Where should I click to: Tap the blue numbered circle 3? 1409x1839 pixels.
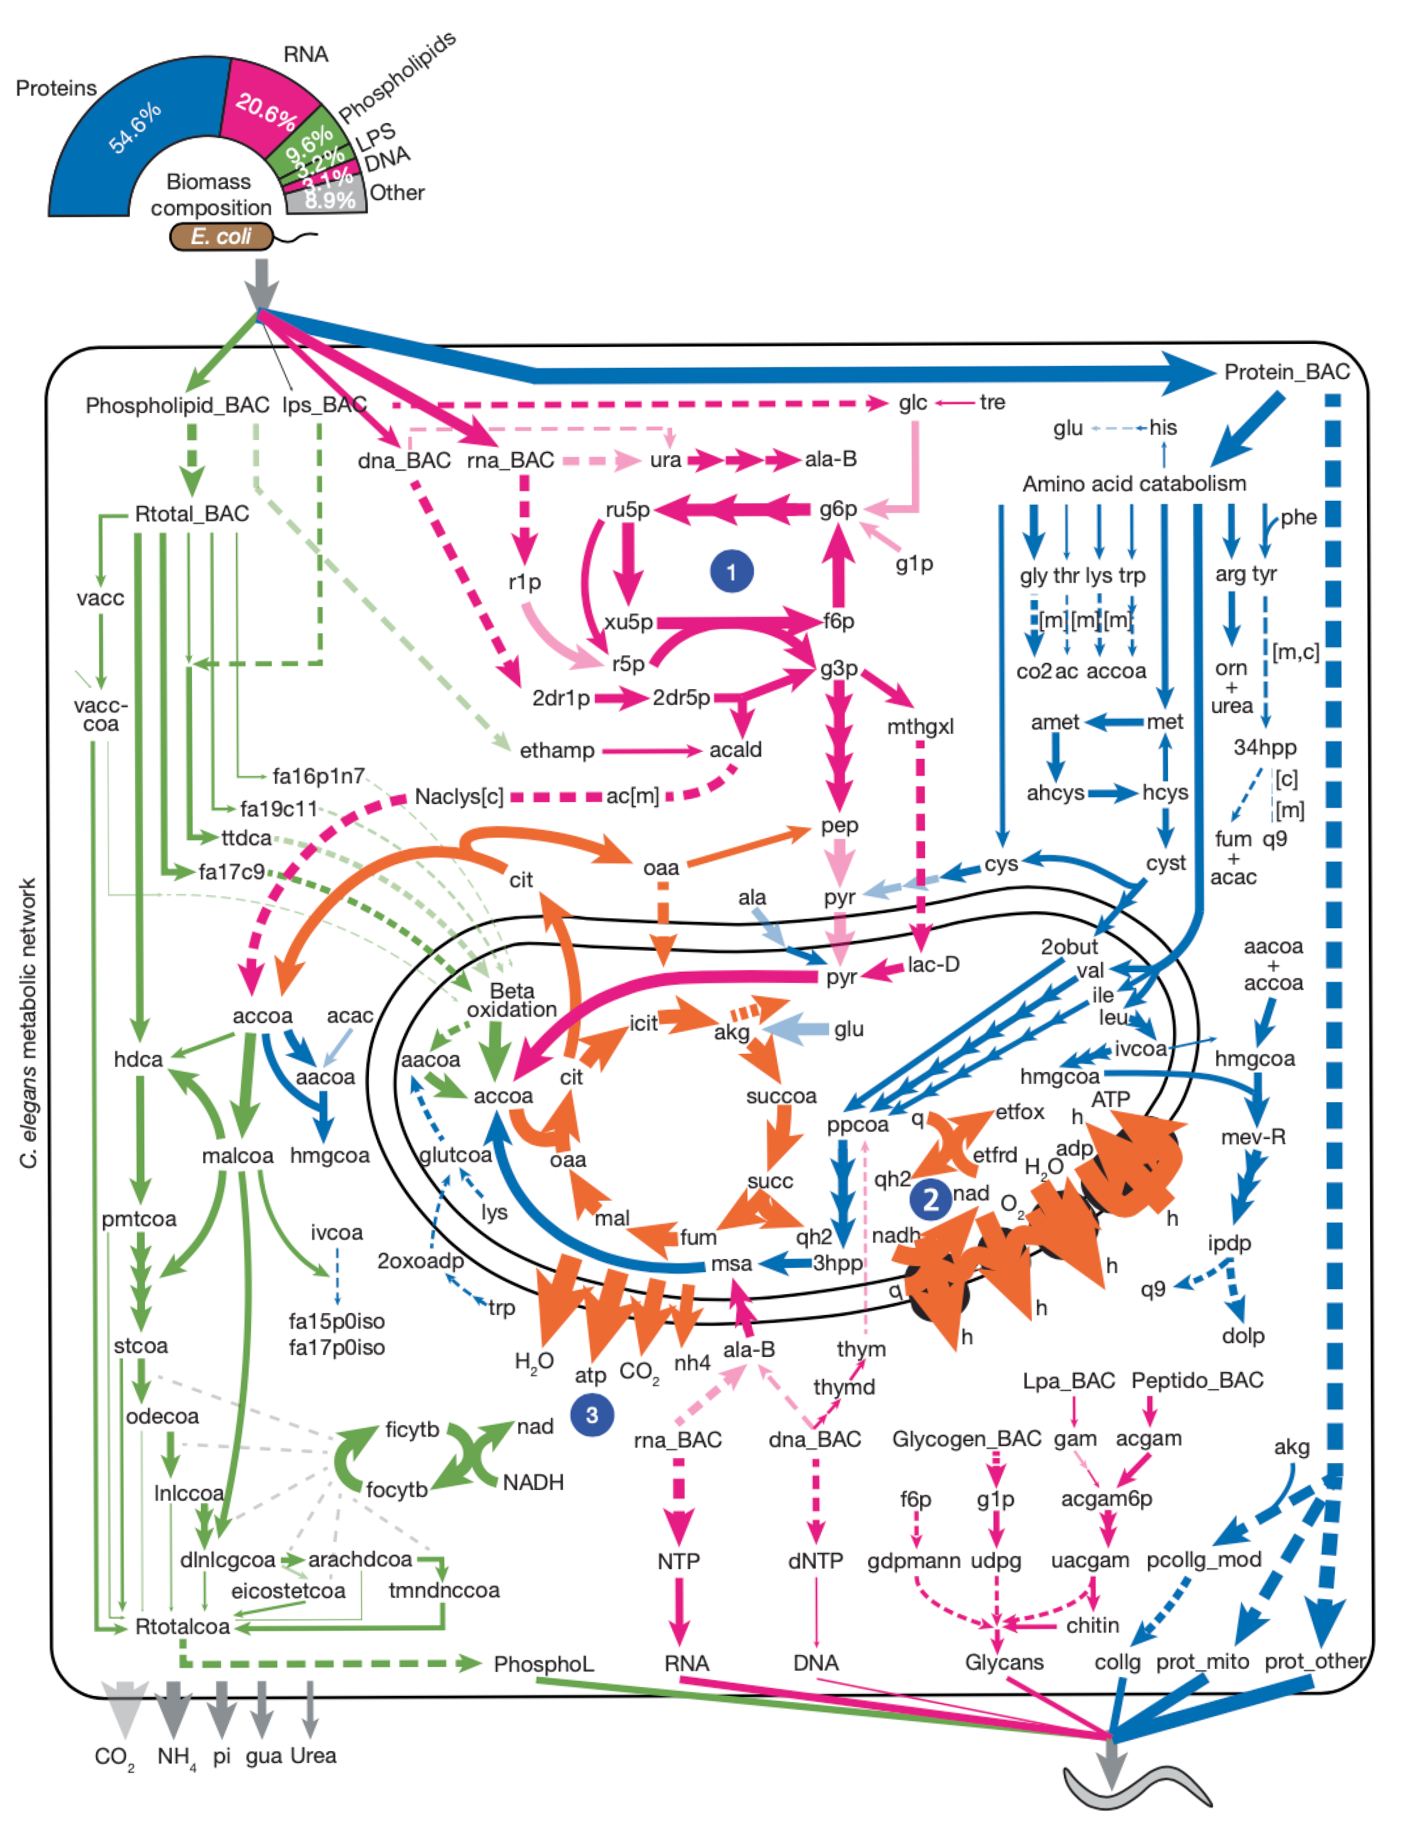click(x=591, y=1415)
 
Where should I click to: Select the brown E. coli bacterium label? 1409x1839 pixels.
click(x=222, y=237)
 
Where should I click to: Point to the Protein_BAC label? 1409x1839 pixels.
click(x=1287, y=372)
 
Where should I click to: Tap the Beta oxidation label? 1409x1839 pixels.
click(x=512, y=1000)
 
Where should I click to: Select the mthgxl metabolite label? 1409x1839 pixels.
click(x=920, y=726)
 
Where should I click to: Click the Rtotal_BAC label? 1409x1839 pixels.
click(x=192, y=513)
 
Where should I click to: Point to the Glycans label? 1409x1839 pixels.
click(x=1004, y=1662)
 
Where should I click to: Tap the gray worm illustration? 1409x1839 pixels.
click(x=1137, y=1786)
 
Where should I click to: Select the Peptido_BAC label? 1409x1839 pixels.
click(x=1197, y=1380)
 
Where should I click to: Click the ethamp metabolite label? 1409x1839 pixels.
click(x=557, y=749)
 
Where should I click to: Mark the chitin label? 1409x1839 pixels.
click(x=1092, y=1625)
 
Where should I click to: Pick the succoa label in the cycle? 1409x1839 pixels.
click(x=781, y=1096)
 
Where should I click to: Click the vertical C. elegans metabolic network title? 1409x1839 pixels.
click(x=28, y=1022)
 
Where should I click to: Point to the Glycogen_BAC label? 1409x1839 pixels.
click(x=966, y=1439)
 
